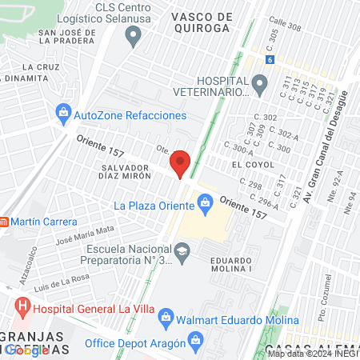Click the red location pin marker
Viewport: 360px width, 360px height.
[181, 163]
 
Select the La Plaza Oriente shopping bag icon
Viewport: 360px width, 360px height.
[206, 205]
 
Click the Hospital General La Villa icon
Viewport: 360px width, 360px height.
[22, 305]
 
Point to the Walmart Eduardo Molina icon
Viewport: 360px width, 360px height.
[166, 315]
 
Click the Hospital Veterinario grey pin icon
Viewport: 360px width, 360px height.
[258, 82]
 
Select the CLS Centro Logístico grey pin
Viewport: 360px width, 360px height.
[134, 34]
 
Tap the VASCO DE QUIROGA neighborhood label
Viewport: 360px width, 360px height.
[201, 22]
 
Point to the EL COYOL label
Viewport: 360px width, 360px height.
[247, 164]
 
